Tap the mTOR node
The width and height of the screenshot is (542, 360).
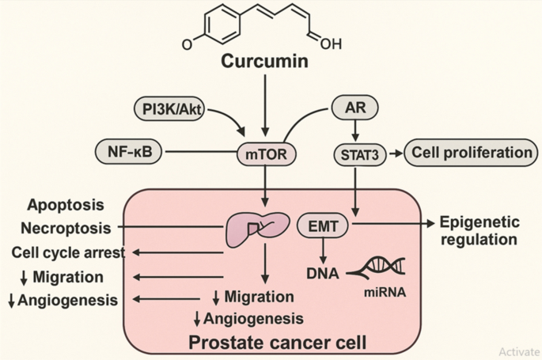[x=267, y=153]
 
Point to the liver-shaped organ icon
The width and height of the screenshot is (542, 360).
[x=254, y=229]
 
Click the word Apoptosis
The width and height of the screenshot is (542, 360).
[x=66, y=205]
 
